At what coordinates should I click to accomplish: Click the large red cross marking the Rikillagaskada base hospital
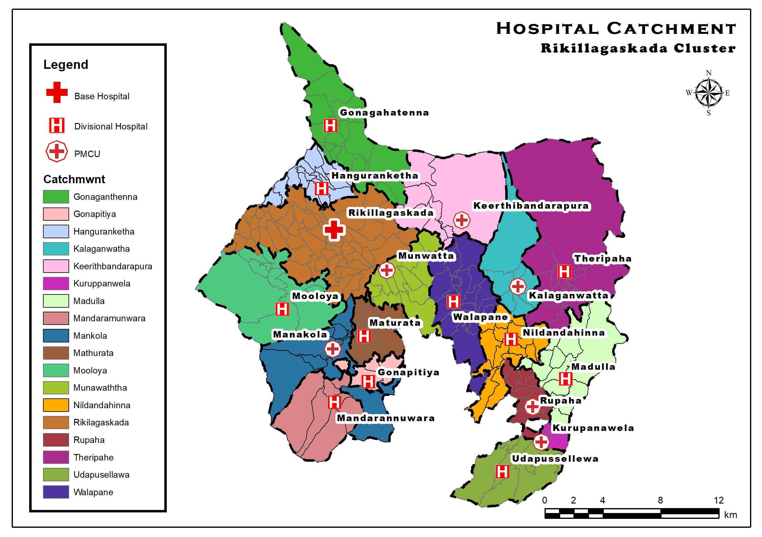[x=334, y=230]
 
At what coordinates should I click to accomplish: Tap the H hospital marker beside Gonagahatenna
[x=330, y=125]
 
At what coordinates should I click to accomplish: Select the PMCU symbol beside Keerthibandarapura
[x=462, y=220]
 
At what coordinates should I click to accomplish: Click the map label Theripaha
[x=603, y=259]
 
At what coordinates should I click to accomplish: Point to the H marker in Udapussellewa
[x=502, y=472]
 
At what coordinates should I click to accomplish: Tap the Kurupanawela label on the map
[x=593, y=428]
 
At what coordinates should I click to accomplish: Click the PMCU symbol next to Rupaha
[x=532, y=406]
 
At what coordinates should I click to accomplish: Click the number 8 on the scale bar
[x=660, y=500]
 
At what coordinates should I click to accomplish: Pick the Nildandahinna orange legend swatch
[x=56, y=405]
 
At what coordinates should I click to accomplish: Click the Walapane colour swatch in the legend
[x=56, y=492]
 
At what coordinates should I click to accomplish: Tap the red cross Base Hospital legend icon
[x=57, y=92]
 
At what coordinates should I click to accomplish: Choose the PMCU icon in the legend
[x=57, y=152]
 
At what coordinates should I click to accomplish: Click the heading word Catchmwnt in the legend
[x=74, y=179]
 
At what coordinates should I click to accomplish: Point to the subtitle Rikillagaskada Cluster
[x=638, y=48]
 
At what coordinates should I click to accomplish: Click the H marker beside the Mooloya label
[x=282, y=309]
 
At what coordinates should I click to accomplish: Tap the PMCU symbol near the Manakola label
[x=333, y=349]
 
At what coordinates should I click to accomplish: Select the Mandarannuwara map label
[x=386, y=418]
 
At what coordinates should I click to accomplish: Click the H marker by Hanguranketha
[x=321, y=189]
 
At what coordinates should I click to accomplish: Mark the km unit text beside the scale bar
[x=730, y=515]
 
